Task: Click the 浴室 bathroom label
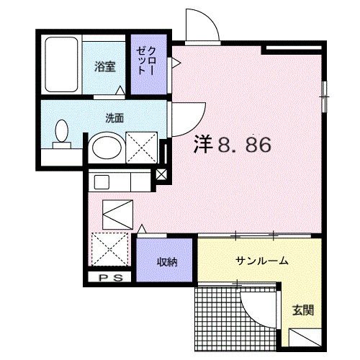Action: (105, 67)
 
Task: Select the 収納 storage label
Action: (167, 262)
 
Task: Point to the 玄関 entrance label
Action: (302, 310)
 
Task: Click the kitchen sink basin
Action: (102, 182)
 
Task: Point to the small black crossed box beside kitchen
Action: (161, 174)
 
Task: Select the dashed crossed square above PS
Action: (110, 249)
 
